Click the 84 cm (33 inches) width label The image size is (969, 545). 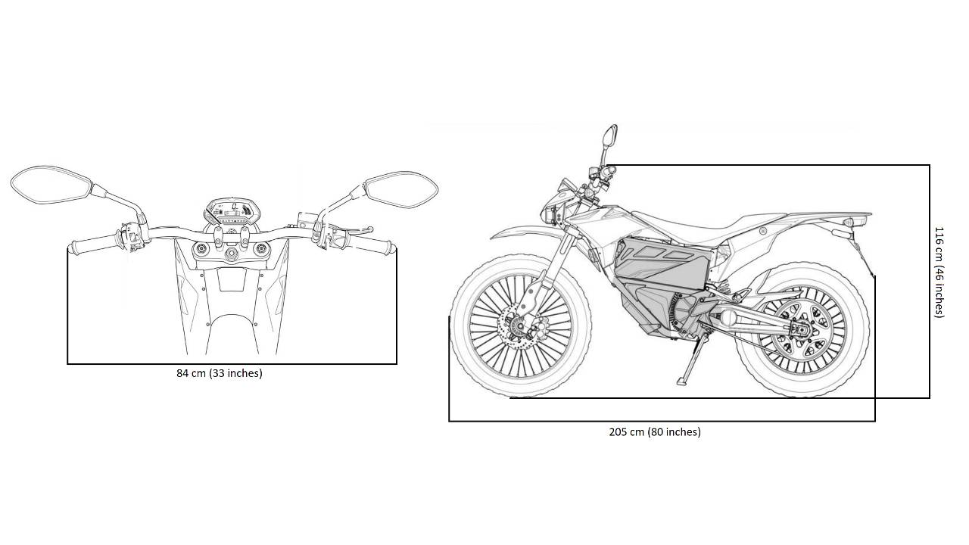tap(220, 373)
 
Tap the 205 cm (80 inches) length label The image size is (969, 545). tap(655, 432)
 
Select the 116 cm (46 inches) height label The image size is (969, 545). tap(939, 272)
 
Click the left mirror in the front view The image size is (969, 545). tap(50, 184)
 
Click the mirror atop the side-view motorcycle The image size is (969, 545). tap(610, 137)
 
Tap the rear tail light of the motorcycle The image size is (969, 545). tap(859, 220)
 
